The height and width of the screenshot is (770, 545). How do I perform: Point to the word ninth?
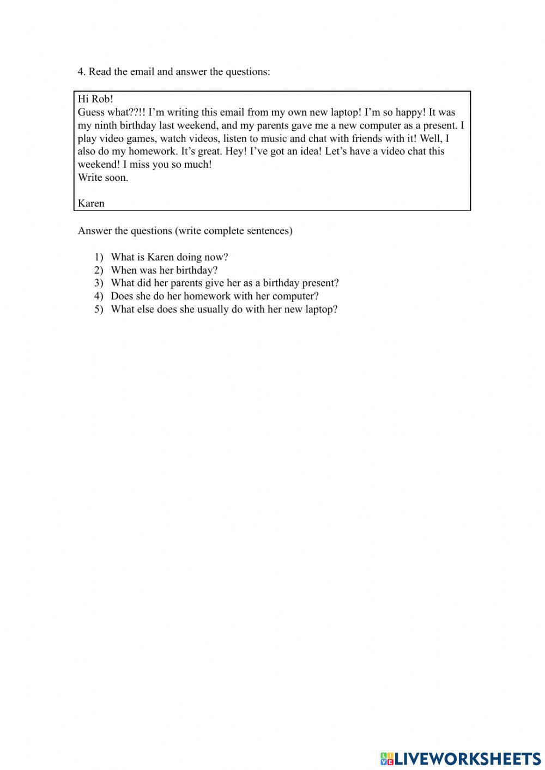(x=106, y=125)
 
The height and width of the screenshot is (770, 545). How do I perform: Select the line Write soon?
(x=103, y=178)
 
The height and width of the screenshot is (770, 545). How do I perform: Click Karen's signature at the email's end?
(x=91, y=203)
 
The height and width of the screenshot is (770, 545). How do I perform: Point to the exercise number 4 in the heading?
(x=81, y=72)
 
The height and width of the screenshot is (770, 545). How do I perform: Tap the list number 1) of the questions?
(x=99, y=257)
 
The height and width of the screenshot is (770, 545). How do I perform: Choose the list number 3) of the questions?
(x=99, y=283)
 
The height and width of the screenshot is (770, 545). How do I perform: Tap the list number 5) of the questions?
(x=99, y=310)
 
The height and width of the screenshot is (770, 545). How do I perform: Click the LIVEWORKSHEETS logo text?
(x=467, y=758)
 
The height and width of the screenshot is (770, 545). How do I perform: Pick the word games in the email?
(x=141, y=138)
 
